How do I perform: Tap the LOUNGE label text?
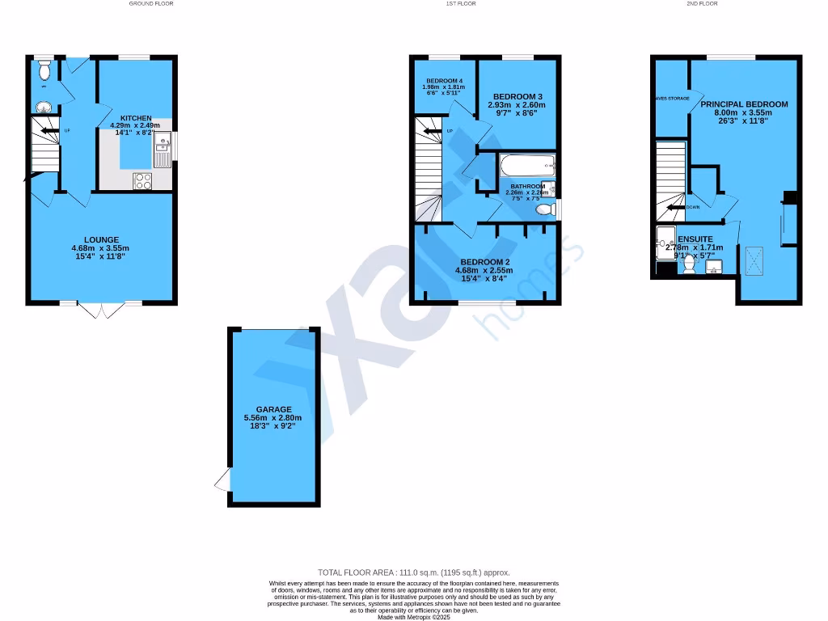101,239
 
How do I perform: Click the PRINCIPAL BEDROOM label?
744,104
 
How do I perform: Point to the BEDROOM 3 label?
517,97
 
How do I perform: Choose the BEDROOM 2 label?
484,262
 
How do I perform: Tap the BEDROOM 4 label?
443,81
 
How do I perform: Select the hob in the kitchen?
142,181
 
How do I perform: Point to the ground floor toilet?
44,71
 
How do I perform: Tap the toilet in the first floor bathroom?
547,209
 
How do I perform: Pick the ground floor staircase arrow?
49,130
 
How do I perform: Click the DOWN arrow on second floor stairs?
674,207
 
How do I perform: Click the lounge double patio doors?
100,310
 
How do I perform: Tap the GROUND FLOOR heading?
151,4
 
